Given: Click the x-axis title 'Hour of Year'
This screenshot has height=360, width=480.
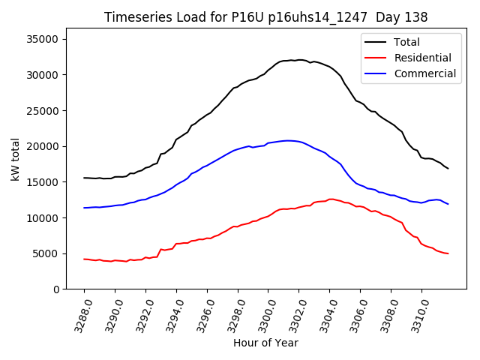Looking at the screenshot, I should pyautogui.click(x=265, y=343).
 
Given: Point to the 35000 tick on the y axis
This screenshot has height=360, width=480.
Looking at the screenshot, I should pyautogui.click(x=48, y=39).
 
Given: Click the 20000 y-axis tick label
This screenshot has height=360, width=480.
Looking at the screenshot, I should pyautogui.click(x=48, y=146).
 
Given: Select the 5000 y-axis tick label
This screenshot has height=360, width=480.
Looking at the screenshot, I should pyautogui.click(x=51, y=253).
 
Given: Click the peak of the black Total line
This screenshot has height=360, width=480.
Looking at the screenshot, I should pyautogui.click(x=298, y=60).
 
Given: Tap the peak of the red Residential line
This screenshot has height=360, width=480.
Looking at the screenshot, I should pyautogui.click(x=331, y=199).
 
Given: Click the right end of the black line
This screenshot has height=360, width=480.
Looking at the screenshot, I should pyautogui.click(x=448, y=168).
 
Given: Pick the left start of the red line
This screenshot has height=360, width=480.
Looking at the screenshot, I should pyautogui.click(x=84, y=259).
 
